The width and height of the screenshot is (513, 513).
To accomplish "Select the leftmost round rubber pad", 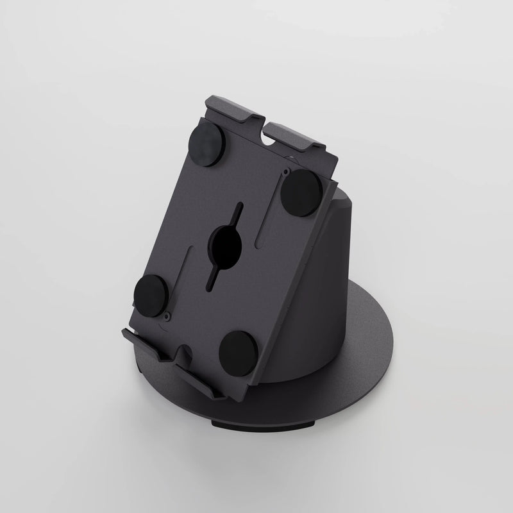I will [x=151, y=292].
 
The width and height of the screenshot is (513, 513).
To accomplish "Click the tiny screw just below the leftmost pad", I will [x=166, y=315].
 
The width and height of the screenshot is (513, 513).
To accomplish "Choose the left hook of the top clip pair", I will [x=231, y=112].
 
